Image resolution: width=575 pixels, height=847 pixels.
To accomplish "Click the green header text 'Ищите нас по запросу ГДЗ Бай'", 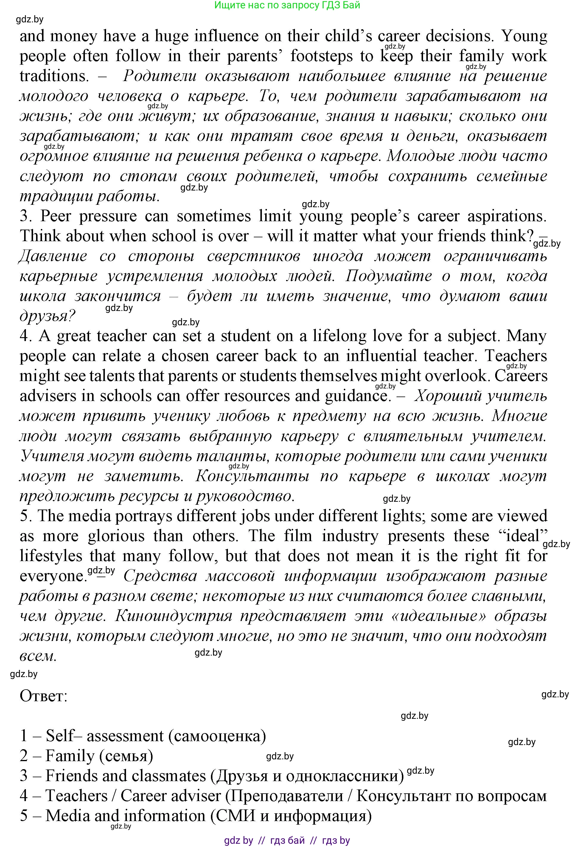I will click(287, 5).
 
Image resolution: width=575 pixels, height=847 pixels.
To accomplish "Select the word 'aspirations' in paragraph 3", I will click(506, 216).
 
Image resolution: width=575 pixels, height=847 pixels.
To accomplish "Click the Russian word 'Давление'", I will click(53, 256).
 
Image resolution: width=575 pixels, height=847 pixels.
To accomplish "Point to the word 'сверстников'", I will click(254, 256).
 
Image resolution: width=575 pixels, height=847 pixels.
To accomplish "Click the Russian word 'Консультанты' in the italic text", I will click(252, 476).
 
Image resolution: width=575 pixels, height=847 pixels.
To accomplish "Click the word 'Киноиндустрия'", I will click(174, 616).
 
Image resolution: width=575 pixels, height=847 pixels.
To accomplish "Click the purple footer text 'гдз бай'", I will click(287, 840).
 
